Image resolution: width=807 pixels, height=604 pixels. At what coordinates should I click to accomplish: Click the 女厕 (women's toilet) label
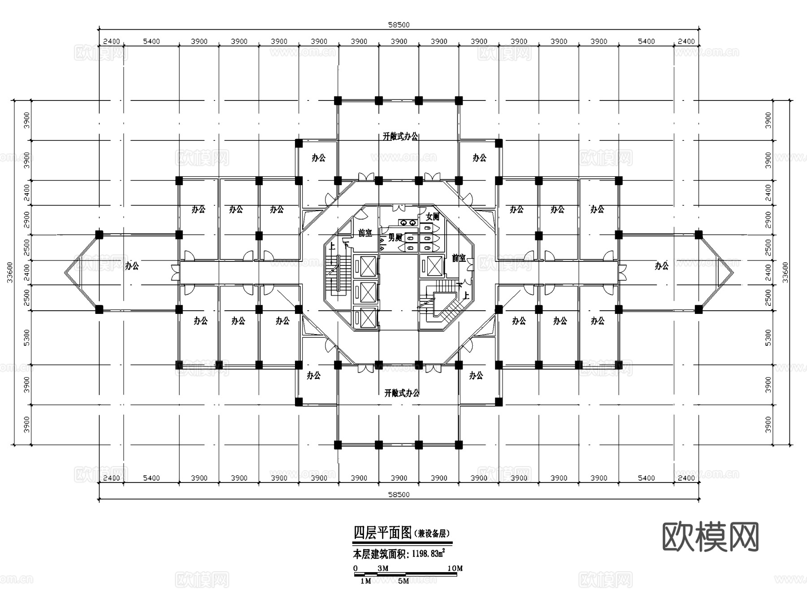pyautogui.click(x=432, y=217)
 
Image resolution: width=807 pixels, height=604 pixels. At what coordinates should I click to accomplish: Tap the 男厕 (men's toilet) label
pyautogui.click(x=395, y=238)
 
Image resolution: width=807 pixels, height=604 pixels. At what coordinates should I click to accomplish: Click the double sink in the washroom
pyautogui.click(x=407, y=222)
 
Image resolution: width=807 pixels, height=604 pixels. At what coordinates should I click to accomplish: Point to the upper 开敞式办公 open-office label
pyautogui.click(x=400, y=136)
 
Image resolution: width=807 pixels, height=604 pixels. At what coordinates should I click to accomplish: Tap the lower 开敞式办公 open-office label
pyautogui.click(x=402, y=393)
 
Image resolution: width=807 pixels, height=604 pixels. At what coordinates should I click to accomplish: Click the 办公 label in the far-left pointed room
pyautogui.click(x=132, y=266)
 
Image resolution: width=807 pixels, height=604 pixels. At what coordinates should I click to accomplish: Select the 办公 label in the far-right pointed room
pyautogui.click(x=661, y=266)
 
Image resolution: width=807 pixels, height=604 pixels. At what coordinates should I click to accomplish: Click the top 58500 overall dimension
pyautogui.click(x=399, y=25)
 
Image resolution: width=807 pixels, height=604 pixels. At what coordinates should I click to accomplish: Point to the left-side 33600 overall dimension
pyautogui.click(x=10, y=272)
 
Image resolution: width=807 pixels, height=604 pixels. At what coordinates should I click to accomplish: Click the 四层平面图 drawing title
pyautogui.click(x=382, y=533)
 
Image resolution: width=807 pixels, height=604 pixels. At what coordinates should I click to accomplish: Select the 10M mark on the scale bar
pyautogui.click(x=455, y=569)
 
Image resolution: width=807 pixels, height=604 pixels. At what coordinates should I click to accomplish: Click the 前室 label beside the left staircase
pyautogui.click(x=365, y=233)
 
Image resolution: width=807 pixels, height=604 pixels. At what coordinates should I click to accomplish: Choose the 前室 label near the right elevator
pyautogui.click(x=458, y=258)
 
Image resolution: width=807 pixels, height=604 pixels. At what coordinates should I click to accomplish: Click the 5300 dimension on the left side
pyautogui.click(x=27, y=337)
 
